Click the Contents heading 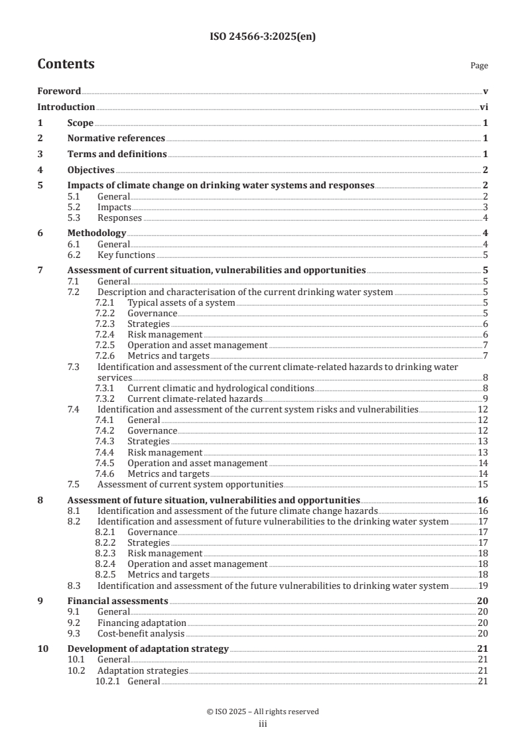point(66,64)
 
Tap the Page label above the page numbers point(479,66)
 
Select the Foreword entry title point(59,91)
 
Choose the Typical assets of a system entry point(181,302)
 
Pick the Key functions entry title point(126,255)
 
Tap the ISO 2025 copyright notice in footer point(263,712)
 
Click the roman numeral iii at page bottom point(263,724)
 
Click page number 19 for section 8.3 point(484,586)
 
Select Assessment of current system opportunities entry point(190,484)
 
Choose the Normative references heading point(116,138)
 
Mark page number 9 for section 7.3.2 point(486,399)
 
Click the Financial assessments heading point(117,601)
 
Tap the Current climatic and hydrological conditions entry point(220,388)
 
